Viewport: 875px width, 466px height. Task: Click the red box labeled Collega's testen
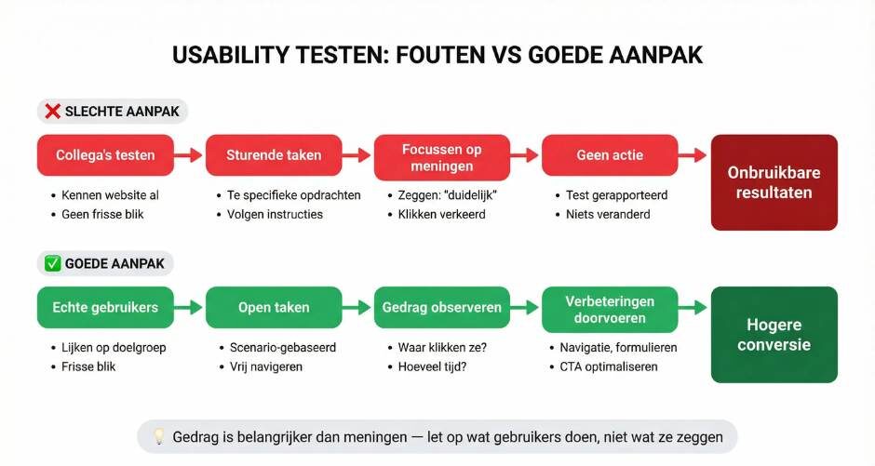105,155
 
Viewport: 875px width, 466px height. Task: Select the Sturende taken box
274,155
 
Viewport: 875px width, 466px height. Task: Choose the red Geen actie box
610,155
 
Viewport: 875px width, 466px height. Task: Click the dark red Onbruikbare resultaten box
774,182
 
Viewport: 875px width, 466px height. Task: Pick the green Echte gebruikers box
105,308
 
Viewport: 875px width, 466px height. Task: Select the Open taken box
274,308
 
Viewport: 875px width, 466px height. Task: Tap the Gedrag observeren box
442,308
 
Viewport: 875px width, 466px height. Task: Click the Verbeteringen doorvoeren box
610,308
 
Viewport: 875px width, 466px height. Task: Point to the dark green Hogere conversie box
774,335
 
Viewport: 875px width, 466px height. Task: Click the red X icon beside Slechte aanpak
52,112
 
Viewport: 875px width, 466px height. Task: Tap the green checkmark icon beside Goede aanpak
52,264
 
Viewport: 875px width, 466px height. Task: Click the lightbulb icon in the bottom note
159,436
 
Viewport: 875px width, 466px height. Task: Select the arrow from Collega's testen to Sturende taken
190,155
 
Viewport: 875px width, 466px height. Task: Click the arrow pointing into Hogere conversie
693,308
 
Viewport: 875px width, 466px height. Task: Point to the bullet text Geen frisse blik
102,214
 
